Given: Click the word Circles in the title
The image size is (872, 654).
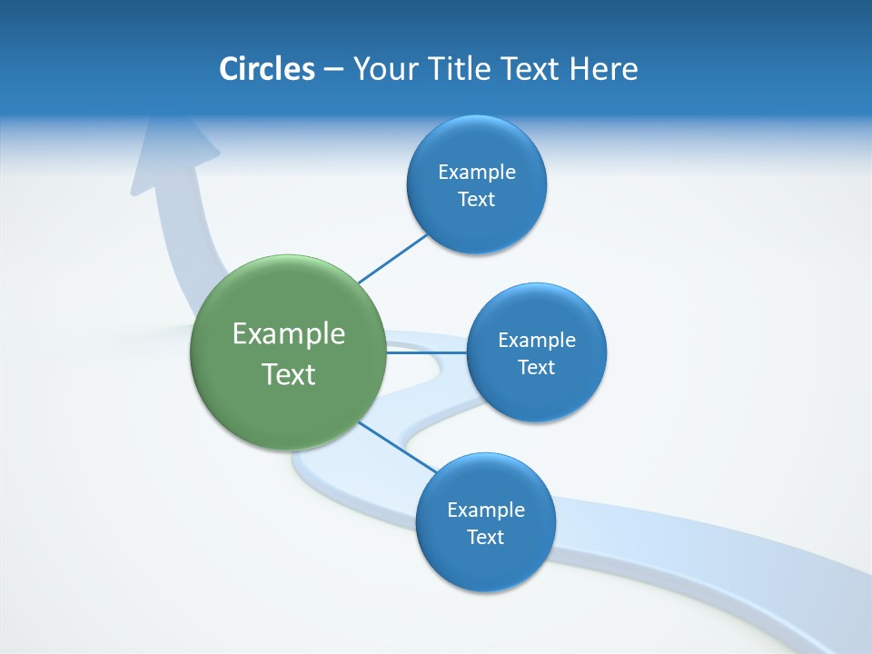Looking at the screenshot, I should click(x=266, y=69).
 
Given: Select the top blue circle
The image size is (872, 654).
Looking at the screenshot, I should click(x=476, y=223).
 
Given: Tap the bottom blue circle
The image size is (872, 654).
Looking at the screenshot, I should click(x=485, y=563).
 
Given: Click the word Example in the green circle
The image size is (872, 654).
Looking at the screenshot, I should click(x=288, y=334).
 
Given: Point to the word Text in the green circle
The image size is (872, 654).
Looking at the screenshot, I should click(x=288, y=374).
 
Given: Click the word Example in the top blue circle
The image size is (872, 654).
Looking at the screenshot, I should click(x=476, y=173).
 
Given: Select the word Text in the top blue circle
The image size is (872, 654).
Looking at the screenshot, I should click(x=476, y=200).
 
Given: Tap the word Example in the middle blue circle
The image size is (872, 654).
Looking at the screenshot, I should click(x=536, y=341).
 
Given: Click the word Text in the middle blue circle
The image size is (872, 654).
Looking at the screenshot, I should click(x=536, y=368).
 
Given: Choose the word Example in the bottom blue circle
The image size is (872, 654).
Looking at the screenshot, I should click(x=485, y=510).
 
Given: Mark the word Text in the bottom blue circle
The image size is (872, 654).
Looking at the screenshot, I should click(x=485, y=537).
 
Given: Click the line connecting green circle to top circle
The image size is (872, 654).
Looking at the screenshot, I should click(x=392, y=258).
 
